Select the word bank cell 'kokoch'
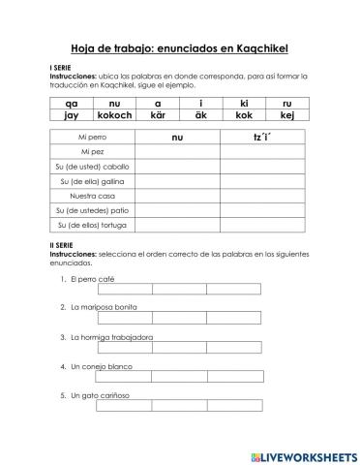(114, 114)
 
